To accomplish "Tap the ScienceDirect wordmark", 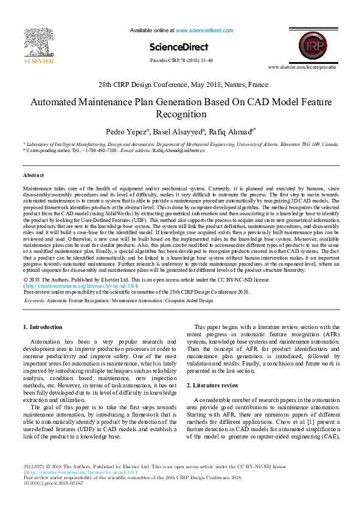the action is (179, 47).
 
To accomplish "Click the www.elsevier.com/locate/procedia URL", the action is (302, 67).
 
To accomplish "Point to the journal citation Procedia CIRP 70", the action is (181, 61).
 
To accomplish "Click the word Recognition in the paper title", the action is (181, 114).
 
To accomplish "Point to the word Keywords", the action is (34, 300).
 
